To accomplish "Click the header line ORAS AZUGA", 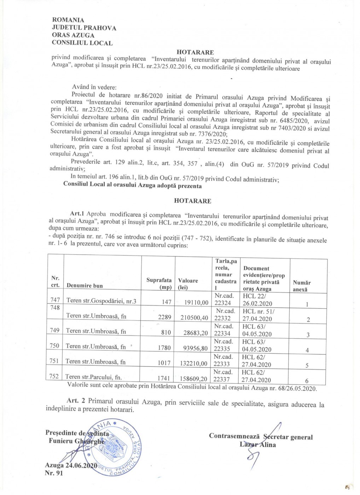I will click(73, 35).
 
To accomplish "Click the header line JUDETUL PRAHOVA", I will click(84, 28).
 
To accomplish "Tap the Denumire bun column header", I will click(85, 285).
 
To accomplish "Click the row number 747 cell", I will click(55, 300).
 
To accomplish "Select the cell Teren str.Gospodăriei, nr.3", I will click(101, 301).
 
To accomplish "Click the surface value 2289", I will click(164, 317).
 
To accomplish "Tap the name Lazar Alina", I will click(257, 444).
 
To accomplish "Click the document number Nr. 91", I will click(54, 473).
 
